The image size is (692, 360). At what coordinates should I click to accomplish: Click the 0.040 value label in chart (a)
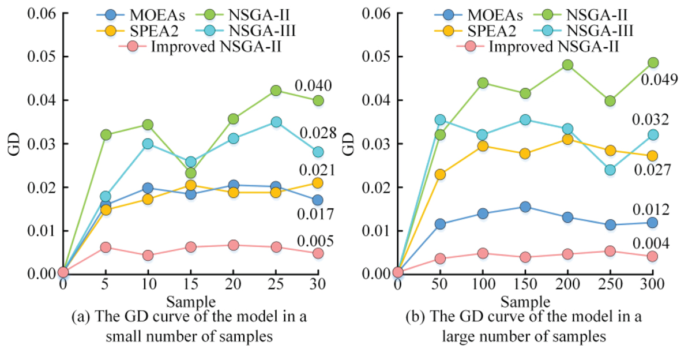tap(313, 87)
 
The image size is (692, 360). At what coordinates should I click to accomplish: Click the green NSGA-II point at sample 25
tap(276, 91)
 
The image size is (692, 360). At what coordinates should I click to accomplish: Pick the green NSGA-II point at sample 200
tap(567, 65)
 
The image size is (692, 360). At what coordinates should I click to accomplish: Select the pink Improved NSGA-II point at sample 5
tap(105, 247)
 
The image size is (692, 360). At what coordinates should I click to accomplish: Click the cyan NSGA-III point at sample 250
tap(610, 170)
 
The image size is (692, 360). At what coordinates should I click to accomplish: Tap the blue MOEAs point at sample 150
tap(525, 207)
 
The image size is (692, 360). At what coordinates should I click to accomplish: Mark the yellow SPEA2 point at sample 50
tap(440, 174)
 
